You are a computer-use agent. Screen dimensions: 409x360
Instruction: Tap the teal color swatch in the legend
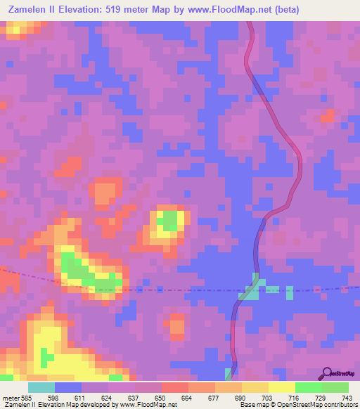click(x=41, y=387)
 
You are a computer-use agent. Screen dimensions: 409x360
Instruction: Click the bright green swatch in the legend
click(x=309, y=387)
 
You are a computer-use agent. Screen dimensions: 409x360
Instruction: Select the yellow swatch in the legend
click(x=282, y=387)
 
